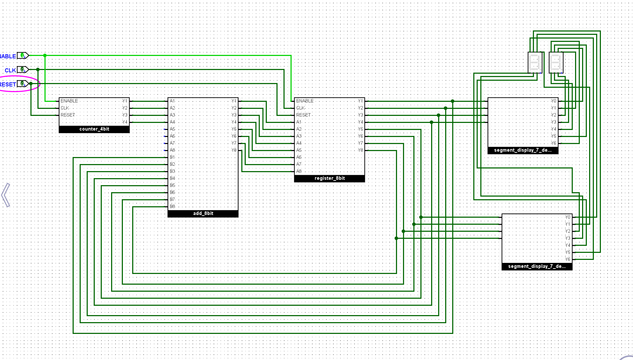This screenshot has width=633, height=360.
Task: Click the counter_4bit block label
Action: pos(94,129)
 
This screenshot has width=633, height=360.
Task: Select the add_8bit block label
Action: pos(203,213)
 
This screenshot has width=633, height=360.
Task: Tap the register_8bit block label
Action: pos(329,178)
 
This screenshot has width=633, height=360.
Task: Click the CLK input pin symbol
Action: pos(23,70)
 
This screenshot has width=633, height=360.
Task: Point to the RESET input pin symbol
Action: pos(23,84)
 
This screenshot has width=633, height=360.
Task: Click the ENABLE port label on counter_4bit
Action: pos(69,101)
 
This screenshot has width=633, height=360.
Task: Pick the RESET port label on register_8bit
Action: pos(303,115)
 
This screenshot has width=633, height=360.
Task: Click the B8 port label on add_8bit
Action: pos(172,206)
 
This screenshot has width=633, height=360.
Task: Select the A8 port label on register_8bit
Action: pos(299,171)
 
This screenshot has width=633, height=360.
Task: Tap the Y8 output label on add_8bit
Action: pos(234,150)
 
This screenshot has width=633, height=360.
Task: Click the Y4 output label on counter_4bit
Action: pos(125,122)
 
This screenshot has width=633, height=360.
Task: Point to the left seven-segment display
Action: pos(535,62)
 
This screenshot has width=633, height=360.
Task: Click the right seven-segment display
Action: pos(556,62)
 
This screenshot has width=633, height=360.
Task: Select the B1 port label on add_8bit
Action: pos(172,157)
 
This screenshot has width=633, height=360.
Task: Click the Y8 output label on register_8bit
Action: pos(360,150)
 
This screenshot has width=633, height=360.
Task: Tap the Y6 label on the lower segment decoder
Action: pos(567,259)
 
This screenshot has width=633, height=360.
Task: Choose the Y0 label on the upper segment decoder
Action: pos(553,101)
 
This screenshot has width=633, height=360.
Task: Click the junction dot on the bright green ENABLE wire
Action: pos(45,56)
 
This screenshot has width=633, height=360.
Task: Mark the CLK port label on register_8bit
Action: pos(300,108)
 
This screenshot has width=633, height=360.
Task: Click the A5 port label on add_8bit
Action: pos(172,129)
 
